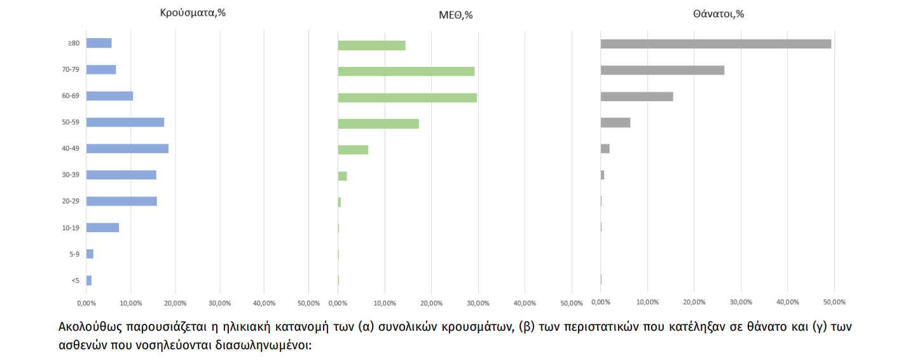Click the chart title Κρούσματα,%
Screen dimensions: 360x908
[x=193, y=12]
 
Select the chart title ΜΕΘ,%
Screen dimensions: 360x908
[x=455, y=15]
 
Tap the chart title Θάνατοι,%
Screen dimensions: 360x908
[x=719, y=13]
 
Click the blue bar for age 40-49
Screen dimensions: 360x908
[x=127, y=148]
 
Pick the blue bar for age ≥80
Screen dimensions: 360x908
[x=99, y=43]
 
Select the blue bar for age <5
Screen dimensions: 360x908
[x=89, y=280]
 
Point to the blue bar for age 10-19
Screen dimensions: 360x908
[x=102, y=228]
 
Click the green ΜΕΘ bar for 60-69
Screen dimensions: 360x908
[x=407, y=98]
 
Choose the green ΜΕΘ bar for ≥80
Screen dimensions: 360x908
[x=371, y=45]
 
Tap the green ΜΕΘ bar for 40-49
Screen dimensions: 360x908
[x=353, y=149]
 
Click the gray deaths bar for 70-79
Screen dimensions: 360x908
[x=662, y=70]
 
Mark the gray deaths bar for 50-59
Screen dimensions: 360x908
[x=615, y=122]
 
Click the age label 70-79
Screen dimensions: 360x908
[x=71, y=69]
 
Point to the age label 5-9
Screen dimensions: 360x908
[x=74, y=254]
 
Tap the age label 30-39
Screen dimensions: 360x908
[x=71, y=175]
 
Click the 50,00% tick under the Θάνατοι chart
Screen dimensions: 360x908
[x=834, y=301]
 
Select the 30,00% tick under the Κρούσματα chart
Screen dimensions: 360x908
[x=219, y=303]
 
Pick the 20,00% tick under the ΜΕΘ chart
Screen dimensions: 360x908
[x=431, y=303]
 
